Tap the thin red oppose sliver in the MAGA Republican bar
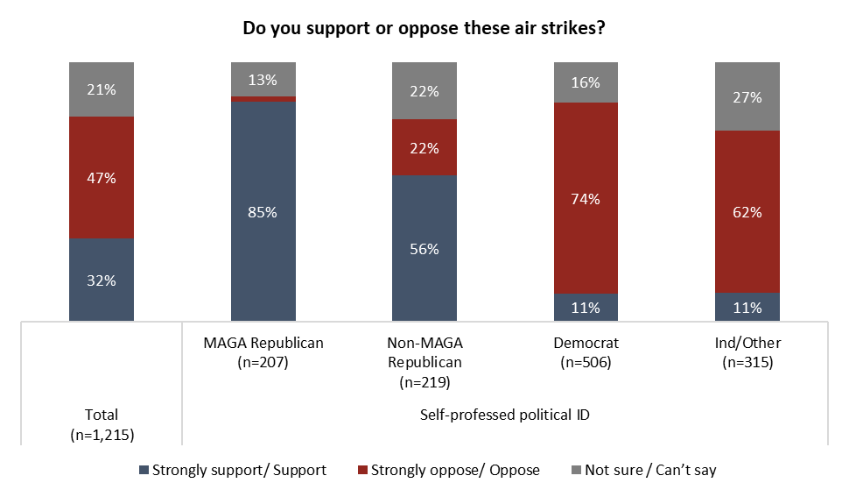pos(263,99)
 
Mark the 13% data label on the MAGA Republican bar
pos(263,81)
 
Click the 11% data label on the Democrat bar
pos(586,308)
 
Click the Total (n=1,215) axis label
pos(102,424)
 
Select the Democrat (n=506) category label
pos(586,352)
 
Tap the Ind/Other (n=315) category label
pos(747,352)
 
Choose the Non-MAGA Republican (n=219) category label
pos(424,362)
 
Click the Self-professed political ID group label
pos(505,415)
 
